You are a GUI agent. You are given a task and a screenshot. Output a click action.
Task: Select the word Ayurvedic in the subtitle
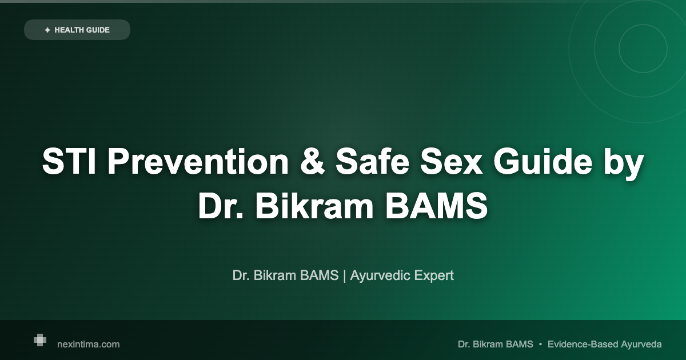tap(378, 275)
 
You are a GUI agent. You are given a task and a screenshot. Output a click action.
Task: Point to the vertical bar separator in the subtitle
tap(345, 275)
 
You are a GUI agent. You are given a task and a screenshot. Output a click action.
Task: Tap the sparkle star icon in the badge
tap(47, 30)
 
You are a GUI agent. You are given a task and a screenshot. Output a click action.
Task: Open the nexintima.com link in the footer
tap(89, 344)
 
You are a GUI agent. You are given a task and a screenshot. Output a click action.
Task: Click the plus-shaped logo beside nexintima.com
tap(39, 340)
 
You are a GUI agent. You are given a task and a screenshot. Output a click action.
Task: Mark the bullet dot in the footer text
tap(540, 344)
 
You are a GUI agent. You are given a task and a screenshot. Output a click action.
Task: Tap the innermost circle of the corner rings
tap(643, 49)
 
